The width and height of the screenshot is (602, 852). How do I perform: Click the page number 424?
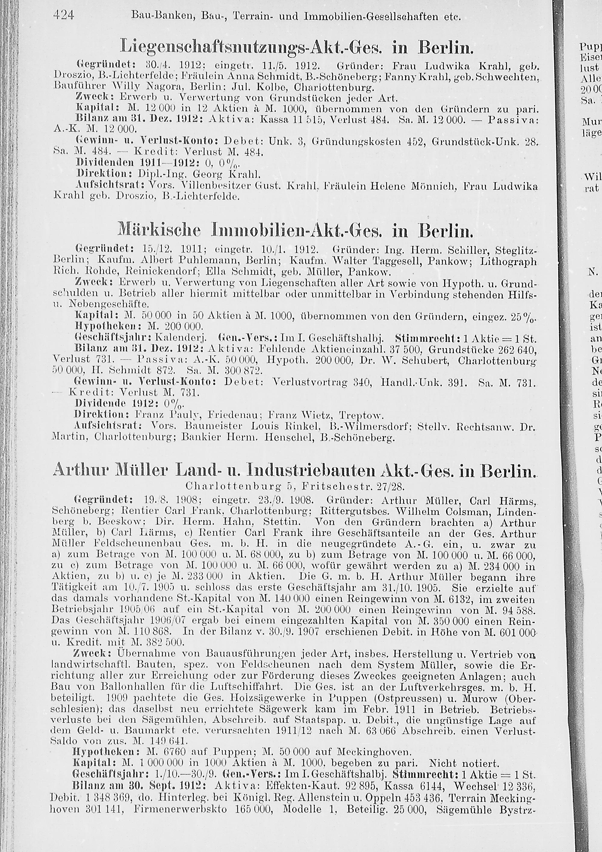[x=64, y=16]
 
